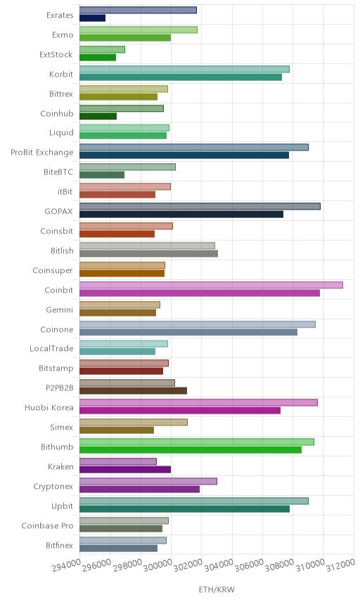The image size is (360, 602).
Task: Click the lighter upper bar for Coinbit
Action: pos(211,285)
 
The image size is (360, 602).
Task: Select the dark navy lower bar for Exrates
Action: pos(93,18)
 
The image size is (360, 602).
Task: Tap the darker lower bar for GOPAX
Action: pos(181,214)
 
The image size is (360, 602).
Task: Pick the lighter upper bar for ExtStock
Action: pos(103,49)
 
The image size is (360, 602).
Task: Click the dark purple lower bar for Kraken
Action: pos(125,470)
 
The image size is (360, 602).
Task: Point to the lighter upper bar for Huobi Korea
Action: pos(198,402)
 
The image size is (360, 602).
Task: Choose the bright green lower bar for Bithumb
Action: pos(191,450)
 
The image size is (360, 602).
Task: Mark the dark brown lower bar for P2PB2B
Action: pos(133,391)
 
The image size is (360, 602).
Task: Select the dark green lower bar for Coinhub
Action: pos(98,116)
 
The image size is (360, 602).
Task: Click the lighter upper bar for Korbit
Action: pos(185,69)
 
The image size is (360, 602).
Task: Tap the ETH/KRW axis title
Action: pos(217,590)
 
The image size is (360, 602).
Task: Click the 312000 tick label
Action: pos(340,565)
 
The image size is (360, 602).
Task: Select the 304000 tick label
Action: pos(219,565)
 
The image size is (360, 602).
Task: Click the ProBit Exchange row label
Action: pos(41,153)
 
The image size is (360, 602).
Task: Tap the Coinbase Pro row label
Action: pos(47,525)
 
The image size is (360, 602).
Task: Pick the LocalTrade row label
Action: pos(51,349)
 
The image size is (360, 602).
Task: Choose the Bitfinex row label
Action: pos(59,545)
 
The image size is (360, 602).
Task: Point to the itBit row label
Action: pos(65,191)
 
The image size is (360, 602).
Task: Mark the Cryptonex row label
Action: pos(53,487)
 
